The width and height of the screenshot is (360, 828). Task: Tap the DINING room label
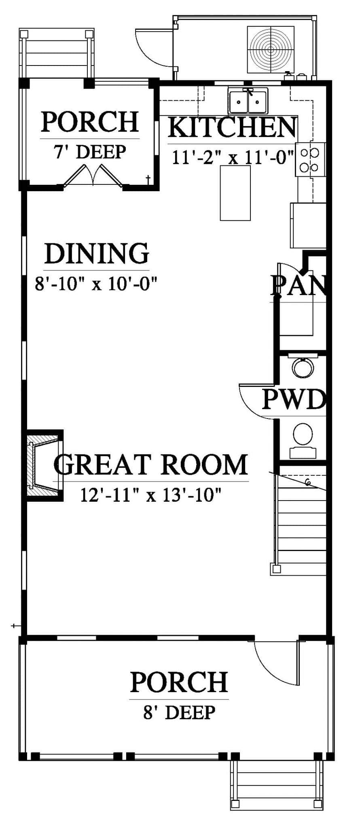coord(97,253)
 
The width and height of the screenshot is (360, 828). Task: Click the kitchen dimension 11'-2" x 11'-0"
coord(233,157)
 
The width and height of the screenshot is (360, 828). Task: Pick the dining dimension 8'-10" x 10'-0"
coord(96,283)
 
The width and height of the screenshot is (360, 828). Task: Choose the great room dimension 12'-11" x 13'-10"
coord(151,494)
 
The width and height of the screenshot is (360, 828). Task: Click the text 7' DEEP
coord(90,152)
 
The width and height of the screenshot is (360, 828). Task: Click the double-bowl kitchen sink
coord(248,102)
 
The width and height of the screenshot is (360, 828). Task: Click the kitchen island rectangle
coord(235,193)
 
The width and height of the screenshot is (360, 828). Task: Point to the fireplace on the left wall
coord(44,465)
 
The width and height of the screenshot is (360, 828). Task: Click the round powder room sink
coord(303,368)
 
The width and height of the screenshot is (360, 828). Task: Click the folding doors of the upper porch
coord(93,175)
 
